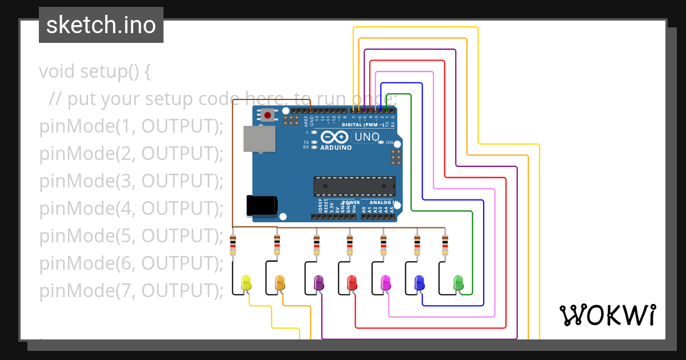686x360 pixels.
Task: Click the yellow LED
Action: point(246,282)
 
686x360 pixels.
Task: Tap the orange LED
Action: point(280,282)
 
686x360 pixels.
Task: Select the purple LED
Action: point(319,282)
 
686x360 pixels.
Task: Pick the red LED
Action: point(352,282)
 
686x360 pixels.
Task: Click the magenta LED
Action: point(385,282)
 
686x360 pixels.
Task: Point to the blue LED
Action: point(419,282)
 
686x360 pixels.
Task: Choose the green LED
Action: point(458,282)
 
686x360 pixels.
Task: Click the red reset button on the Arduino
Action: point(268,115)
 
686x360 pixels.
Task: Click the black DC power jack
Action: point(262,205)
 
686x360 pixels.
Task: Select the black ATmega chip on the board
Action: point(354,186)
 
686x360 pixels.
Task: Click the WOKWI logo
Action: point(607,315)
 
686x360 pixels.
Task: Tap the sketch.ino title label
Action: point(101,25)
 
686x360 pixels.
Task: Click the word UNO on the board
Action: point(366,137)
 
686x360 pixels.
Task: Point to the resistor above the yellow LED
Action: point(233,245)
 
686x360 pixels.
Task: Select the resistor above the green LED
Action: point(445,245)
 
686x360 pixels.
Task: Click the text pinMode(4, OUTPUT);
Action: point(131,209)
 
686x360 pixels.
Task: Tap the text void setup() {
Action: point(94,72)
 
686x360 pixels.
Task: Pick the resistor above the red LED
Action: point(350,245)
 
